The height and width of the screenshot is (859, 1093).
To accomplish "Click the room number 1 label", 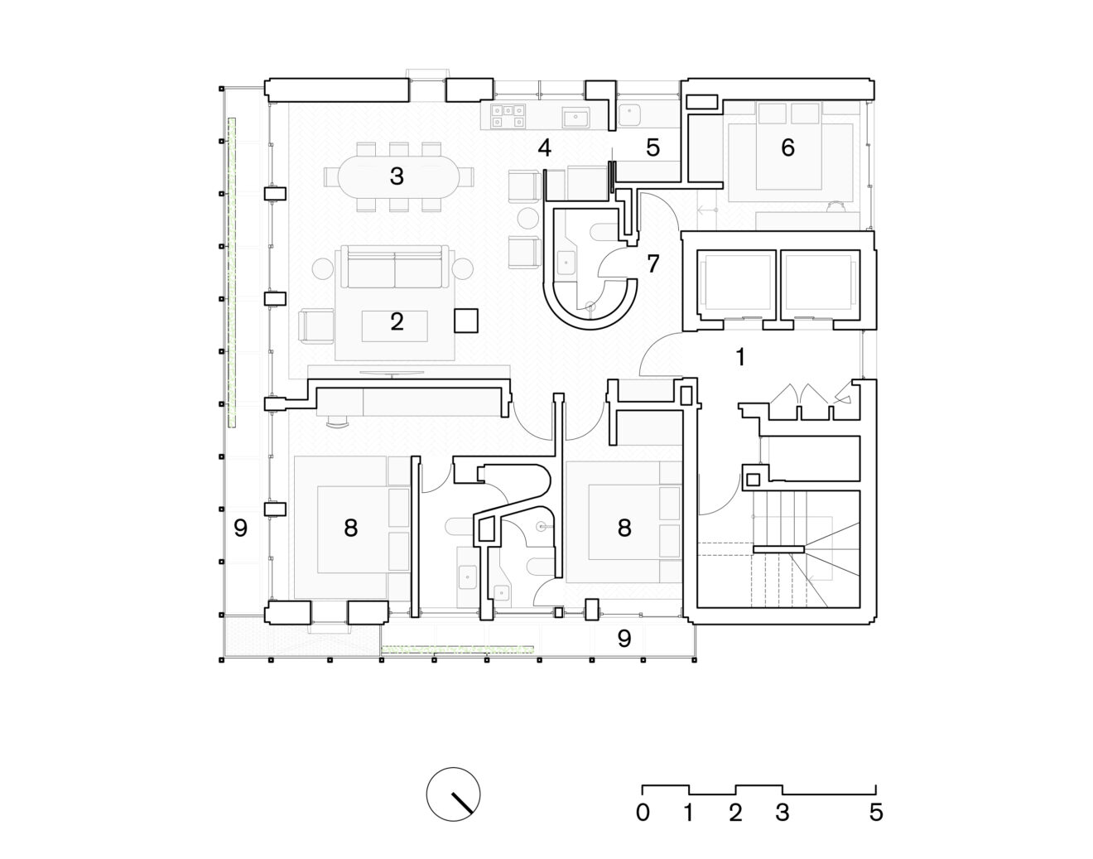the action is [x=740, y=357].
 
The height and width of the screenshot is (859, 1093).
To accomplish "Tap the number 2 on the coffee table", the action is [x=397, y=322].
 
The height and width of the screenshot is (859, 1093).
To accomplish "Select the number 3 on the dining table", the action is [x=397, y=176].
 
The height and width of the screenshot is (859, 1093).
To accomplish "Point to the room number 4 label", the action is [x=544, y=148].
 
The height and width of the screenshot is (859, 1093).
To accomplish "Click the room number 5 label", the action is [x=652, y=148].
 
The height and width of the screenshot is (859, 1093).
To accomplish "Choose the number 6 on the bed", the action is [x=787, y=147].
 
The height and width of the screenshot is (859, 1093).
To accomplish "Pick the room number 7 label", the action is [x=652, y=263].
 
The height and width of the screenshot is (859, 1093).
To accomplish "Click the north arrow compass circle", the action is [x=453, y=794].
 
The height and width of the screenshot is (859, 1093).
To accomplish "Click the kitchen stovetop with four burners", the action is [x=508, y=116].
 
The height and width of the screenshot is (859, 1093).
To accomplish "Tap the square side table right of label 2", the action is [x=466, y=321].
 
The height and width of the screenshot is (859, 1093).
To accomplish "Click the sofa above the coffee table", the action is [x=394, y=267].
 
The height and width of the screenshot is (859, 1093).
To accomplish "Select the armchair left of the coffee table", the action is [x=316, y=326].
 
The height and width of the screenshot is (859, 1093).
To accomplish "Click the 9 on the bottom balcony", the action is [x=624, y=639].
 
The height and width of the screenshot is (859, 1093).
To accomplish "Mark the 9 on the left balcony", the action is [x=240, y=528].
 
